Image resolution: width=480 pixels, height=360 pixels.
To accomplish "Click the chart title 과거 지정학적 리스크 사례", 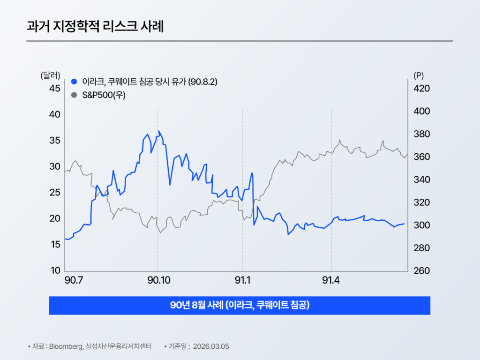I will (95, 26).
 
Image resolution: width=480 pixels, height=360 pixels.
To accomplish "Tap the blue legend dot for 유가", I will (74, 82).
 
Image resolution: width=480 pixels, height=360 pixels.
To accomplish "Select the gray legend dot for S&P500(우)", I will (74, 95).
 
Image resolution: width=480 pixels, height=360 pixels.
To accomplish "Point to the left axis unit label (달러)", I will (51, 75).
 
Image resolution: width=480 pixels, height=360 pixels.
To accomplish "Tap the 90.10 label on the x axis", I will (158, 280).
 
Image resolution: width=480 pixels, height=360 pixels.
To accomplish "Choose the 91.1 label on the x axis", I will (242, 280).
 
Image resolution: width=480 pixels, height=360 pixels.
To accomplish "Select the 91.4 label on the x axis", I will (331, 280).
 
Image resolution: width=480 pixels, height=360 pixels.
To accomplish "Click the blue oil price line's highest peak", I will (159, 131).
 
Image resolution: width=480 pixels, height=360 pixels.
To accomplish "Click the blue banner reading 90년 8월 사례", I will (240, 305).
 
